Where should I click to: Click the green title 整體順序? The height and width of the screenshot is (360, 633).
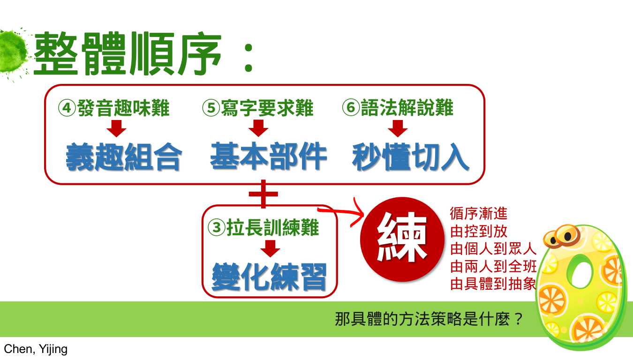pos(128,54)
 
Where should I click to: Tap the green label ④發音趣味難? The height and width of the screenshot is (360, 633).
pos(114,108)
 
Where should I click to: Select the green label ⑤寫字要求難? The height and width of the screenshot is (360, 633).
pos(258,108)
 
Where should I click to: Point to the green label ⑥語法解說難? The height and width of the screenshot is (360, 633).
pos(398,108)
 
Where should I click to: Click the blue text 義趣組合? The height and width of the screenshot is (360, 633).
pos(124,157)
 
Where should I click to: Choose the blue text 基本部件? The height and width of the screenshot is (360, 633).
pos(269,156)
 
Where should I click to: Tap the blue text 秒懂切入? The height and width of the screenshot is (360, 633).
pos(411,157)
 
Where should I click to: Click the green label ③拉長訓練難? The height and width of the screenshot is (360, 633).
pos(264,227)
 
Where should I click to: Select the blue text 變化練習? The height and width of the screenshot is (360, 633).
pos(269,277)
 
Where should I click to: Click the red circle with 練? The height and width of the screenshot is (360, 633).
pos(402,239)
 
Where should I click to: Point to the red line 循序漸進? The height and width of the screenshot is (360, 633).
pos(479,213)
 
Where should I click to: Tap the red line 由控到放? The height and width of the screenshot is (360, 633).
pos(479,231)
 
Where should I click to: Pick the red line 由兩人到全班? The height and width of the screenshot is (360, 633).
pos(493,266)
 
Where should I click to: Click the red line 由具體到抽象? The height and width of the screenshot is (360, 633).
pos(493,284)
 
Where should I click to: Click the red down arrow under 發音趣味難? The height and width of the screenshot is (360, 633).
pos(116,128)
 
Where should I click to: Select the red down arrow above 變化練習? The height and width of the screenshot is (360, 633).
pos(270,248)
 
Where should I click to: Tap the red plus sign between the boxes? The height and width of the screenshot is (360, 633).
pos(264,194)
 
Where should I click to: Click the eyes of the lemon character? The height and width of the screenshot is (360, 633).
pos(562,236)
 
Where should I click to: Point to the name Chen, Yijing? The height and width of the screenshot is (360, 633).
pos(36,349)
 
